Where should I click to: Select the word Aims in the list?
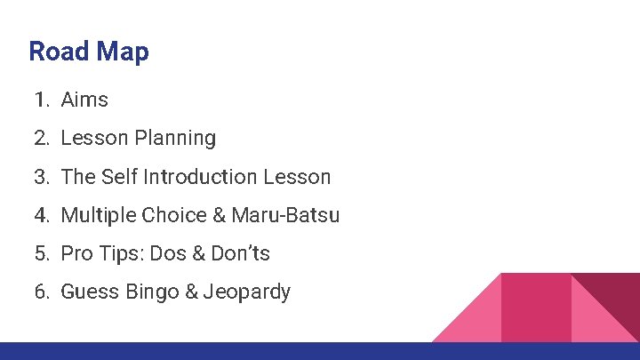84,100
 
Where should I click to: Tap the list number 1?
41,100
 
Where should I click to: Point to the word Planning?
175,139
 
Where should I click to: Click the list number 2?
41,139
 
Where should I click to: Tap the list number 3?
41,177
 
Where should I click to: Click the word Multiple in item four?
99,215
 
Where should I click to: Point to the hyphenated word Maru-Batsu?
285,215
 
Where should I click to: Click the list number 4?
41,215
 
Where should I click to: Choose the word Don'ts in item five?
240,253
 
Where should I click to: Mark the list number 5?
41,253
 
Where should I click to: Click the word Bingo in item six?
151,292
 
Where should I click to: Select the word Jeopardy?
247,292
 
